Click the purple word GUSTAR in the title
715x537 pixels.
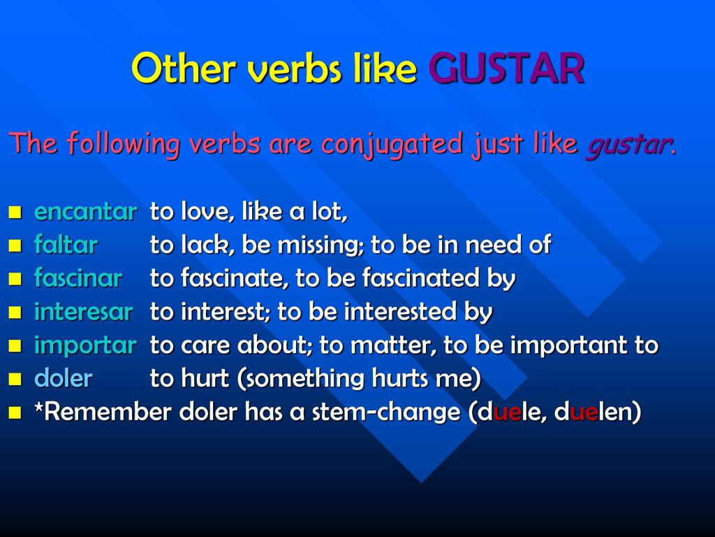[506, 68]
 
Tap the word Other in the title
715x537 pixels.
[184, 68]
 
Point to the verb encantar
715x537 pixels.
[85, 211]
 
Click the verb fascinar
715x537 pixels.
[78, 278]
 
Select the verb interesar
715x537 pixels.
[84, 311]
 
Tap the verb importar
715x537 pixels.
[85, 345]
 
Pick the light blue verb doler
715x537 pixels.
[64, 378]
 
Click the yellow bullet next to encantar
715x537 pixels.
[15, 213]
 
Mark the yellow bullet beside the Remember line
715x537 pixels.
[15, 413]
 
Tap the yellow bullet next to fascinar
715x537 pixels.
[15, 279]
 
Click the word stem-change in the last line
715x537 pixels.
[385, 413]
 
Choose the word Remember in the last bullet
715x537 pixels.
[108, 412]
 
